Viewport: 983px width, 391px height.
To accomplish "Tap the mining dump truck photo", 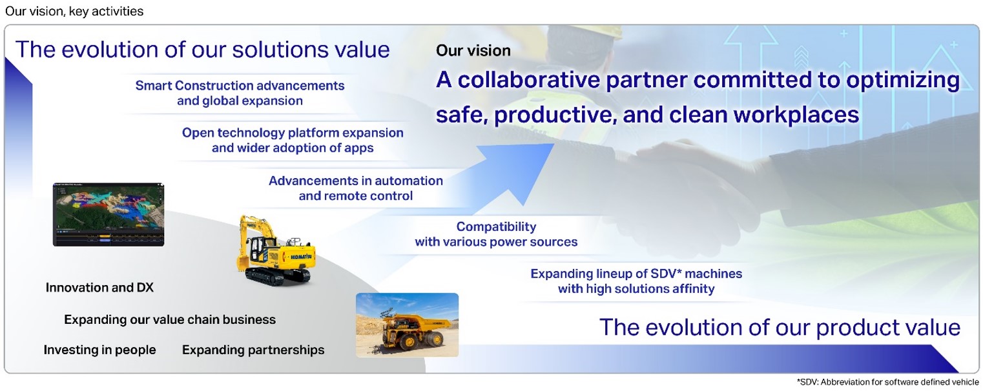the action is tap(408, 325).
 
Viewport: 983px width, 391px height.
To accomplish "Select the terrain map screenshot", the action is tap(109, 214).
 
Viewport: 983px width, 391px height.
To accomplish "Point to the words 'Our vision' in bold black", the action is tap(473, 50).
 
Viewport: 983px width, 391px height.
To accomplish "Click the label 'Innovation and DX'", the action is tap(99, 288).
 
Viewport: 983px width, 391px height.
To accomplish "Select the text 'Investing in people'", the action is tap(99, 350).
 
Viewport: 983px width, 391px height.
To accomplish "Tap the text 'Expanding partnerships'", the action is tap(253, 350).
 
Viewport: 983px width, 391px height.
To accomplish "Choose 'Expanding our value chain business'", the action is tap(170, 319).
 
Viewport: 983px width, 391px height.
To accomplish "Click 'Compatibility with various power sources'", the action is tap(496, 234).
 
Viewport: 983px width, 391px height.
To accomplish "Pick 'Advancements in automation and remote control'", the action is tap(356, 188).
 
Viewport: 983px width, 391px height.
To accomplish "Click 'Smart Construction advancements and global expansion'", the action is tap(240, 93).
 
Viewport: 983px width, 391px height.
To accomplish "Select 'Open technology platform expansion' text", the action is tap(293, 132).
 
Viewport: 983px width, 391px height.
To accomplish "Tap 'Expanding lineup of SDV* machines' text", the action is tap(636, 274).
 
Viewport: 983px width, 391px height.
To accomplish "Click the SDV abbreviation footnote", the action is tap(888, 382).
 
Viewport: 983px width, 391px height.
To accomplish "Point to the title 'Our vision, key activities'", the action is tap(74, 11).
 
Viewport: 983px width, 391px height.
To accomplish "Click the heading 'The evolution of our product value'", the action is tap(780, 327).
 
